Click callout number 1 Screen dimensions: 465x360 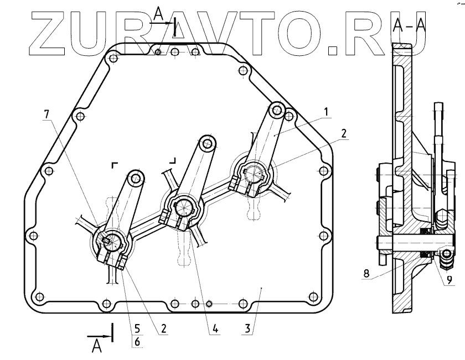point(326,112)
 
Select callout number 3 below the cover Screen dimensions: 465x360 point(247,328)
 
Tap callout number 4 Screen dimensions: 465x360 point(215,328)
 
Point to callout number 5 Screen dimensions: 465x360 point(137,328)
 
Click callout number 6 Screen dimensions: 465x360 point(137,342)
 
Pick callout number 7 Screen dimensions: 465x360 point(46,114)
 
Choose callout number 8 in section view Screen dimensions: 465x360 point(366,273)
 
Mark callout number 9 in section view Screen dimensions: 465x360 point(449,279)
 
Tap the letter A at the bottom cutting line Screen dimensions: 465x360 point(97,346)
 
